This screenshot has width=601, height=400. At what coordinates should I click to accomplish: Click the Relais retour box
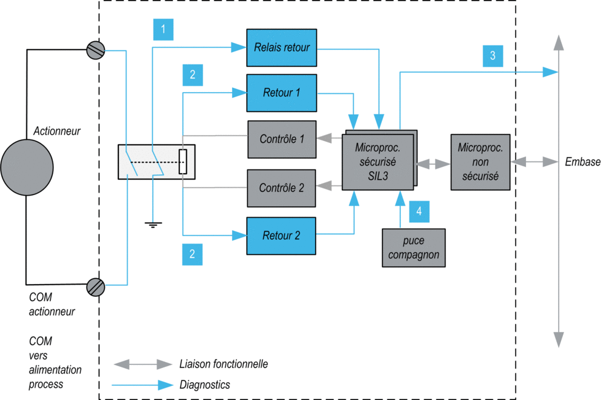pos(282,47)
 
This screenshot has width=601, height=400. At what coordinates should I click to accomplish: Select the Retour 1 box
pos(282,93)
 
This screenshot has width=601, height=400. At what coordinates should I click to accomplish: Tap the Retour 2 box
pos(281,236)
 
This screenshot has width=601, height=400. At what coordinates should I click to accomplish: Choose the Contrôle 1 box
pos(282,139)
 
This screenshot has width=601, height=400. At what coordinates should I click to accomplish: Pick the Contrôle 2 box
pos(281,188)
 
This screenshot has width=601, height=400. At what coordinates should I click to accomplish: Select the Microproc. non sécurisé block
pos(480,162)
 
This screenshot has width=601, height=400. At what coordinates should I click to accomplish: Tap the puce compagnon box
pos(414,248)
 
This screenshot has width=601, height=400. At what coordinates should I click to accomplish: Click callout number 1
pos(163,29)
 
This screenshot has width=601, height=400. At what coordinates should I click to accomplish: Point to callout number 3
pos(493,56)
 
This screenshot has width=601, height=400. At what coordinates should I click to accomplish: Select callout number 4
pos(419,212)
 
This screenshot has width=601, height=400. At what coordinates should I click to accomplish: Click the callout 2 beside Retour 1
pos(193,75)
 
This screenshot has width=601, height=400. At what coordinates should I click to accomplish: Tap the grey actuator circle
pos(27,167)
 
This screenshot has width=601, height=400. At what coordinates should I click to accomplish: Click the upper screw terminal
pos(95,50)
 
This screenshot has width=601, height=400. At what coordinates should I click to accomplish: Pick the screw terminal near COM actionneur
pos(95,287)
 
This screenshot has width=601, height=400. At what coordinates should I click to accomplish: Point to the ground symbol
pos(153,225)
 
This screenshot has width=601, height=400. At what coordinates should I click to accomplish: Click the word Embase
pos(583,162)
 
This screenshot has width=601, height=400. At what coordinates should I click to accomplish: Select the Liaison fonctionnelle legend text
pos(223,364)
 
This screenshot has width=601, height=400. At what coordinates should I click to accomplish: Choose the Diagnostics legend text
pos(204,385)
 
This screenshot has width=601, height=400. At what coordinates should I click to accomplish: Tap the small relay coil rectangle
pos(183,162)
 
